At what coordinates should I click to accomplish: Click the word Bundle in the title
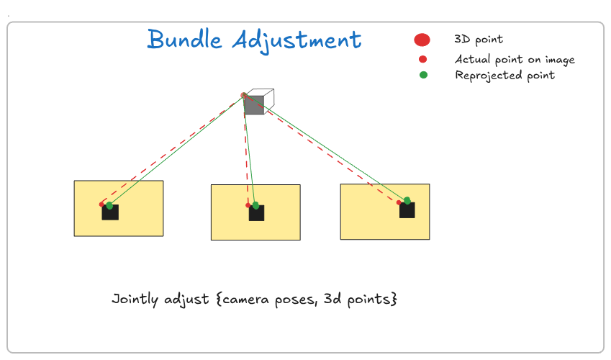185,39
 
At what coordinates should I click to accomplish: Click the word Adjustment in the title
297,40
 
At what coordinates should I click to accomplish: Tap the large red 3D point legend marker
422,40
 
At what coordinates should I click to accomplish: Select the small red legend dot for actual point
422,59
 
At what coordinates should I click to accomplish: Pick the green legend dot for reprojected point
423,75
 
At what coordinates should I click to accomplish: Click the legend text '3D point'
479,40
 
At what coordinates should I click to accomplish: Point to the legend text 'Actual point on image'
515,59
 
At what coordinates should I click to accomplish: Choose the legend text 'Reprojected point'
505,76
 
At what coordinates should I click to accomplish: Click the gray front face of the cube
255,104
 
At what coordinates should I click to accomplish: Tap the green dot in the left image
109,205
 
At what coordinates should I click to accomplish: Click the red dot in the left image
101,204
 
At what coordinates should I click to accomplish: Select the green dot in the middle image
255,205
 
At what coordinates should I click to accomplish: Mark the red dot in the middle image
248,205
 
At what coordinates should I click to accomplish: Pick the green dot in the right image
407,200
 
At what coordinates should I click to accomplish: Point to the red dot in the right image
399,202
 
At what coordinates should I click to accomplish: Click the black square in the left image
110,212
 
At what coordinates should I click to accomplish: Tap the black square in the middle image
257,213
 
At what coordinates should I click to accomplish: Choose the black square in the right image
407,210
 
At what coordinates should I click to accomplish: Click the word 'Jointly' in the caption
135,300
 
